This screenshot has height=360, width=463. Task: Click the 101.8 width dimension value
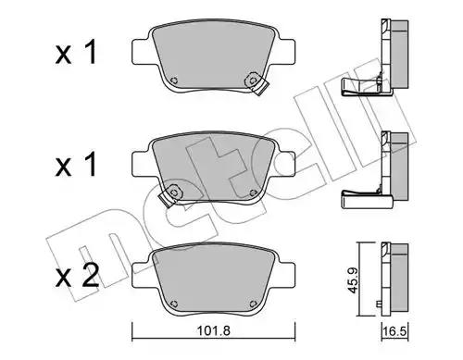pyautogui.click(x=214, y=331)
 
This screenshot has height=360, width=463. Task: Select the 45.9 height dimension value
pyautogui.click(x=352, y=279)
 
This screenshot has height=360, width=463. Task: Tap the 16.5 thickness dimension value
pyautogui.click(x=395, y=331)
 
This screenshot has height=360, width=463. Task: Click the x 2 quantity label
pyautogui.click(x=77, y=276)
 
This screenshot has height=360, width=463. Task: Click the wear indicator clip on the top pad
pyautogui.click(x=257, y=83)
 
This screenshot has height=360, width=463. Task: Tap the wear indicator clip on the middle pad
pyautogui.click(x=170, y=195)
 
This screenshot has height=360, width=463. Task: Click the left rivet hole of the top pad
pyautogui.click(x=174, y=81)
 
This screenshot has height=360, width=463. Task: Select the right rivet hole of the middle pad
pyautogui.click(x=253, y=192)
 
